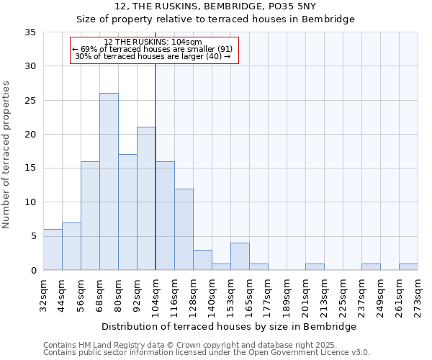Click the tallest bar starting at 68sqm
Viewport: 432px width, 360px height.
click(x=109, y=181)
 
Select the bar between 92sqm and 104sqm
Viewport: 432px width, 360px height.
click(x=146, y=199)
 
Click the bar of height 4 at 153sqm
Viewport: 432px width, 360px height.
click(x=240, y=256)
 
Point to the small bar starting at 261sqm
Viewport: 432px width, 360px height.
click(x=408, y=266)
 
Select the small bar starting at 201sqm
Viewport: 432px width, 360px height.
click(x=315, y=266)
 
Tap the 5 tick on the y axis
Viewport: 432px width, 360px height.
click(x=33, y=236)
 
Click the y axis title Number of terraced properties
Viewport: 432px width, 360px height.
click(x=7, y=154)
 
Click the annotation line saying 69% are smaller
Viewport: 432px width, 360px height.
click(x=153, y=49)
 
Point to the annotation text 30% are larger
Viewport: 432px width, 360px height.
click(x=153, y=56)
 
